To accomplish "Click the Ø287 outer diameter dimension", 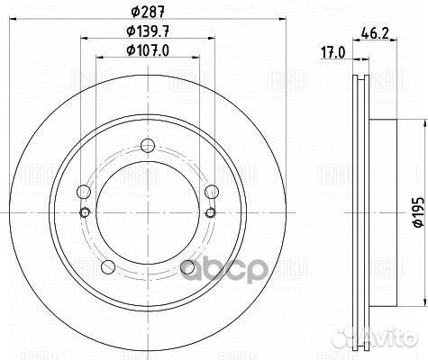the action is pos(148,12).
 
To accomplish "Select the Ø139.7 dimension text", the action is pos(148,31).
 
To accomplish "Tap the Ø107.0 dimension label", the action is pos(148,50).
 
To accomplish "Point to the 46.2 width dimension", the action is pos(375,32).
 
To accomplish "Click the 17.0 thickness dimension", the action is pos(333,53).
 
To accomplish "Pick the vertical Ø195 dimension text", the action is pos(419,212).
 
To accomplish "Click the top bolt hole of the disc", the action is pos(148,145).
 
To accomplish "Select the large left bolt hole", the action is pos(84,192).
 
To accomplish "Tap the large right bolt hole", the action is pos(212,192).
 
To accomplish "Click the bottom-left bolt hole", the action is pos(108,266).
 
